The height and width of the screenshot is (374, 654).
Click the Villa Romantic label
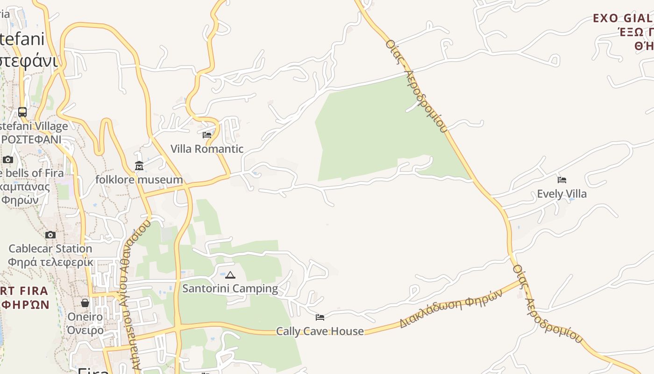pyautogui.click(x=207, y=149)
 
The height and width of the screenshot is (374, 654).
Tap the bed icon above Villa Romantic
pyautogui.click(x=207, y=135)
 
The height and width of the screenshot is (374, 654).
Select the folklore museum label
pyautogui.click(x=139, y=180)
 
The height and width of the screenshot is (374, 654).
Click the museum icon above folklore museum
pyautogui.click(x=139, y=166)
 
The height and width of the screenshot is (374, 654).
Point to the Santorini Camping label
pyautogui.click(x=230, y=288)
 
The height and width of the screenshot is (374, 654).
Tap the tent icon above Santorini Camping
pyautogui.click(x=230, y=275)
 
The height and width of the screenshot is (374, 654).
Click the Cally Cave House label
pyautogui.click(x=320, y=331)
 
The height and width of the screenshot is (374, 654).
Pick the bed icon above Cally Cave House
pyautogui.click(x=320, y=317)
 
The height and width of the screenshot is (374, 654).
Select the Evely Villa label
pyautogui.click(x=562, y=194)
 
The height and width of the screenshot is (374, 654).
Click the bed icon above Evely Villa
pyautogui.click(x=562, y=180)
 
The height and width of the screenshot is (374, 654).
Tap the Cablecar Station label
pyautogui.click(x=50, y=249)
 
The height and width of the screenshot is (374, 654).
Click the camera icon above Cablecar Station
pyautogui.click(x=50, y=235)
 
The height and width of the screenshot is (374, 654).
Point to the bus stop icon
pyautogui.click(x=22, y=112)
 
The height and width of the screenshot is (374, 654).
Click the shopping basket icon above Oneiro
pyautogui.click(x=85, y=303)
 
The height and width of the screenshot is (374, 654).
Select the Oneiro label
pyautogui.click(x=85, y=317)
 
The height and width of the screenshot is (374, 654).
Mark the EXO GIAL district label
pyautogui.click(x=622, y=19)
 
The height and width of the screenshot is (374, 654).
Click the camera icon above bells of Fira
pyautogui.click(x=7, y=160)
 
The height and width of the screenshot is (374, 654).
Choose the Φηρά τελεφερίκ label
pyautogui.click(x=50, y=262)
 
